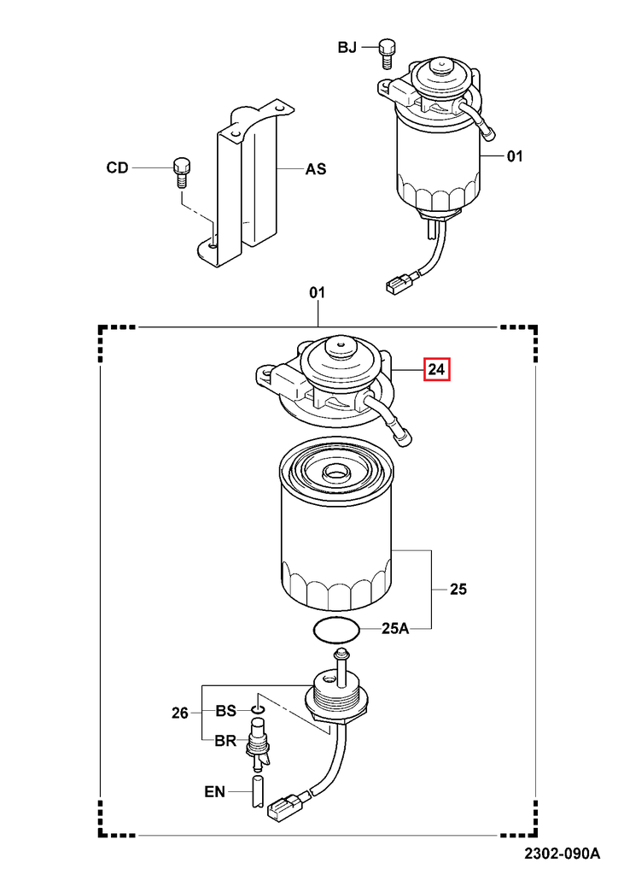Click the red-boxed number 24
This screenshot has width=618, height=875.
(x=437, y=370)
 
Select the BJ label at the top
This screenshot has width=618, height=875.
(x=347, y=48)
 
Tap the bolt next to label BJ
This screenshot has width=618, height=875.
(x=385, y=50)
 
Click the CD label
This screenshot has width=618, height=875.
(x=117, y=168)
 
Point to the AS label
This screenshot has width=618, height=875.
(x=316, y=169)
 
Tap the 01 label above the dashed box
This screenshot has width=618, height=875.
(x=317, y=292)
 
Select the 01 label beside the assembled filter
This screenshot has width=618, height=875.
(x=515, y=156)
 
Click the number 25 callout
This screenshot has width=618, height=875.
(x=458, y=590)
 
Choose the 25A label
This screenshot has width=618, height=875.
(x=395, y=630)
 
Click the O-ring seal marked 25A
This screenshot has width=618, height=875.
(x=335, y=631)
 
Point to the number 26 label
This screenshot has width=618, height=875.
(x=179, y=714)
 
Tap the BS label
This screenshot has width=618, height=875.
(x=225, y=710)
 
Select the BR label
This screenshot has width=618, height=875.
(x=225, y=741)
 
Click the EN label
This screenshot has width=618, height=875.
(x=215, y=792)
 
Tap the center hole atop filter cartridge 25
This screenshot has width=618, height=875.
(x=334, y=472)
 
